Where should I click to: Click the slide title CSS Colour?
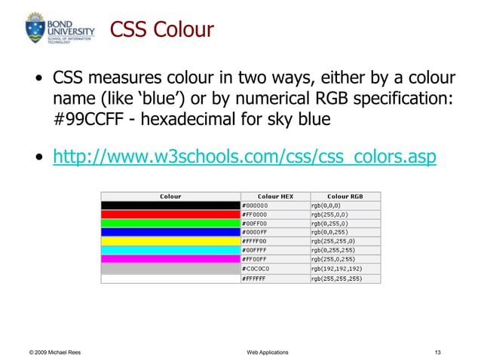pos(162,30)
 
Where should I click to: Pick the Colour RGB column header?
pos(345,197)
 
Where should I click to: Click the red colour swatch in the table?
pos(170,214)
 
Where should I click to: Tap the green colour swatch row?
pos(170,223)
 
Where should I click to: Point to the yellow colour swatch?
pos(170,241)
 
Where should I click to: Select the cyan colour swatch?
pos(170,250)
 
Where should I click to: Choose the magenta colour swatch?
pos(170,259)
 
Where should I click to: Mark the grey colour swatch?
pos(170,268)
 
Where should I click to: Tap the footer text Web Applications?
pos(267,351)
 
